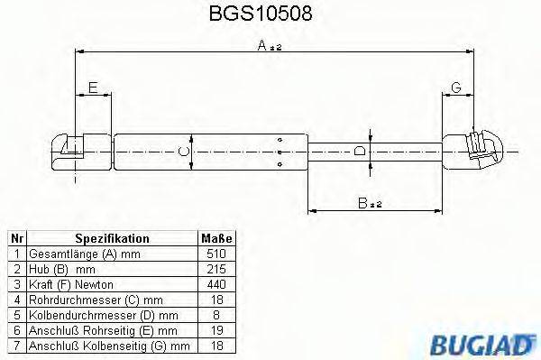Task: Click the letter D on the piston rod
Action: pyautogui.click(x=361, y=151)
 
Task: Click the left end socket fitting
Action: pyautogui.click(x=69, y=150)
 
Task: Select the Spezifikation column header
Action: pyautogui.click(x=112, y=239)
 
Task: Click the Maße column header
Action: pyautogui.click(x=216, y=239)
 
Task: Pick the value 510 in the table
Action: pyautogui.click(x=216, y=254)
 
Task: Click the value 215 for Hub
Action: pyautogui.click(x=216, y=269)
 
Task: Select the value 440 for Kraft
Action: pyautogui.click(x=216, y=284)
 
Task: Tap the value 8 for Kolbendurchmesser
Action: pyautogui.click(x=216, y=314)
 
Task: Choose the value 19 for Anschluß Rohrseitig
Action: pyautogui.click(x=216, y=329)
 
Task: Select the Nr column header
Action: pyautogui.click(x=15, y=239)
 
